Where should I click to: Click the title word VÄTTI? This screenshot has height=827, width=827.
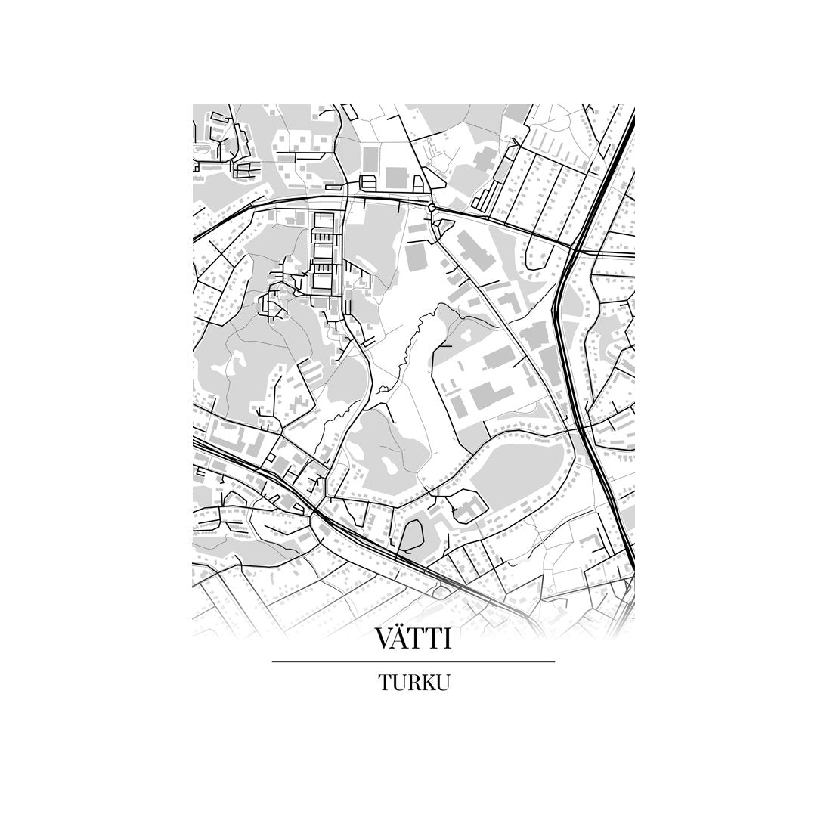(x=413, y=639)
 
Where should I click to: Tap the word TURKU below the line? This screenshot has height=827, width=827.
(x=413, y=683)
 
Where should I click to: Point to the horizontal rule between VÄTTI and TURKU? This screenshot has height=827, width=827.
(x=413, y=662)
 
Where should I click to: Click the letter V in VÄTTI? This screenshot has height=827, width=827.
(x=386, y=640)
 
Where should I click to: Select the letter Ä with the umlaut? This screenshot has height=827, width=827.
(x=404, y=639)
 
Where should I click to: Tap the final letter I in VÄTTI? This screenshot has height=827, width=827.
(x=448, y=640)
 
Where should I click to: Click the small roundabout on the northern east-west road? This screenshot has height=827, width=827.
(x=432, y=206)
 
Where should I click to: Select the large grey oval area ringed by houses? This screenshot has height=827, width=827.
(x=522, y=472)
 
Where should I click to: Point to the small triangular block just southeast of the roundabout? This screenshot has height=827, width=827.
(x=444, y=223)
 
